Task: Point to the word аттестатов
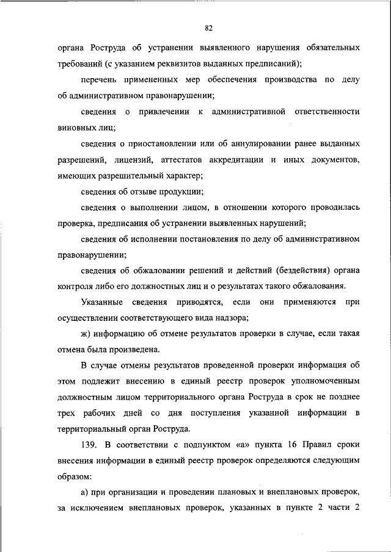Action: click(x=184, y=160)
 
